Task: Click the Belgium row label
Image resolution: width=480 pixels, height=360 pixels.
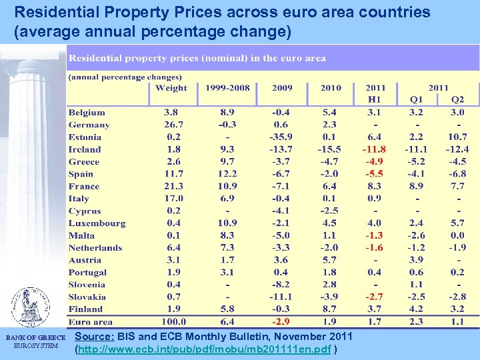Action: tap(87, 113)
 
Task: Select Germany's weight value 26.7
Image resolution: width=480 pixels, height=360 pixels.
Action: tap(171, 125)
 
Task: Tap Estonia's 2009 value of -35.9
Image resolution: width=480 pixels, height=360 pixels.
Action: tap(281, 137)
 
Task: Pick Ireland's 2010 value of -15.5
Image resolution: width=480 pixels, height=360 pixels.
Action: tap(329, 149)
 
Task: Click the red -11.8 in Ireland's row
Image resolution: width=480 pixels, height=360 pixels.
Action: tap(374, 149)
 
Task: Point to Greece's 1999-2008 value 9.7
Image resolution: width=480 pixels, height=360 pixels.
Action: tap(227, 162)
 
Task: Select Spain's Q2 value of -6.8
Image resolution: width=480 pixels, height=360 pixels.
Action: tap(457, 174)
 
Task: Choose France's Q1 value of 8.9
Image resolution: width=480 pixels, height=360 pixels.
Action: tap(416, 187)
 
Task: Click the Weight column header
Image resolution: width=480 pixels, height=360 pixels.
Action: tap(171, 88)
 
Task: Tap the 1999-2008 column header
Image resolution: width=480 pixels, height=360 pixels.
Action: tap(228, 88)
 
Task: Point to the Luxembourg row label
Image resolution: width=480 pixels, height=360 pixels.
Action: tap(97, 223)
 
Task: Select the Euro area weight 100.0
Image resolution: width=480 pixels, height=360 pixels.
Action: tap(171, 322)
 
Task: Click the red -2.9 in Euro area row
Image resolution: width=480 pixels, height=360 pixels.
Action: tap(281, 322)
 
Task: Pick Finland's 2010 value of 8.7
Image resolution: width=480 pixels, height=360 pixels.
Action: tap(329, 309)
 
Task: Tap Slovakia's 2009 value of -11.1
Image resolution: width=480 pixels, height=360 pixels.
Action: tap(281, 297)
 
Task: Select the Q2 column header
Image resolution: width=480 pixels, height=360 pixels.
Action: tap(457, 100)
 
